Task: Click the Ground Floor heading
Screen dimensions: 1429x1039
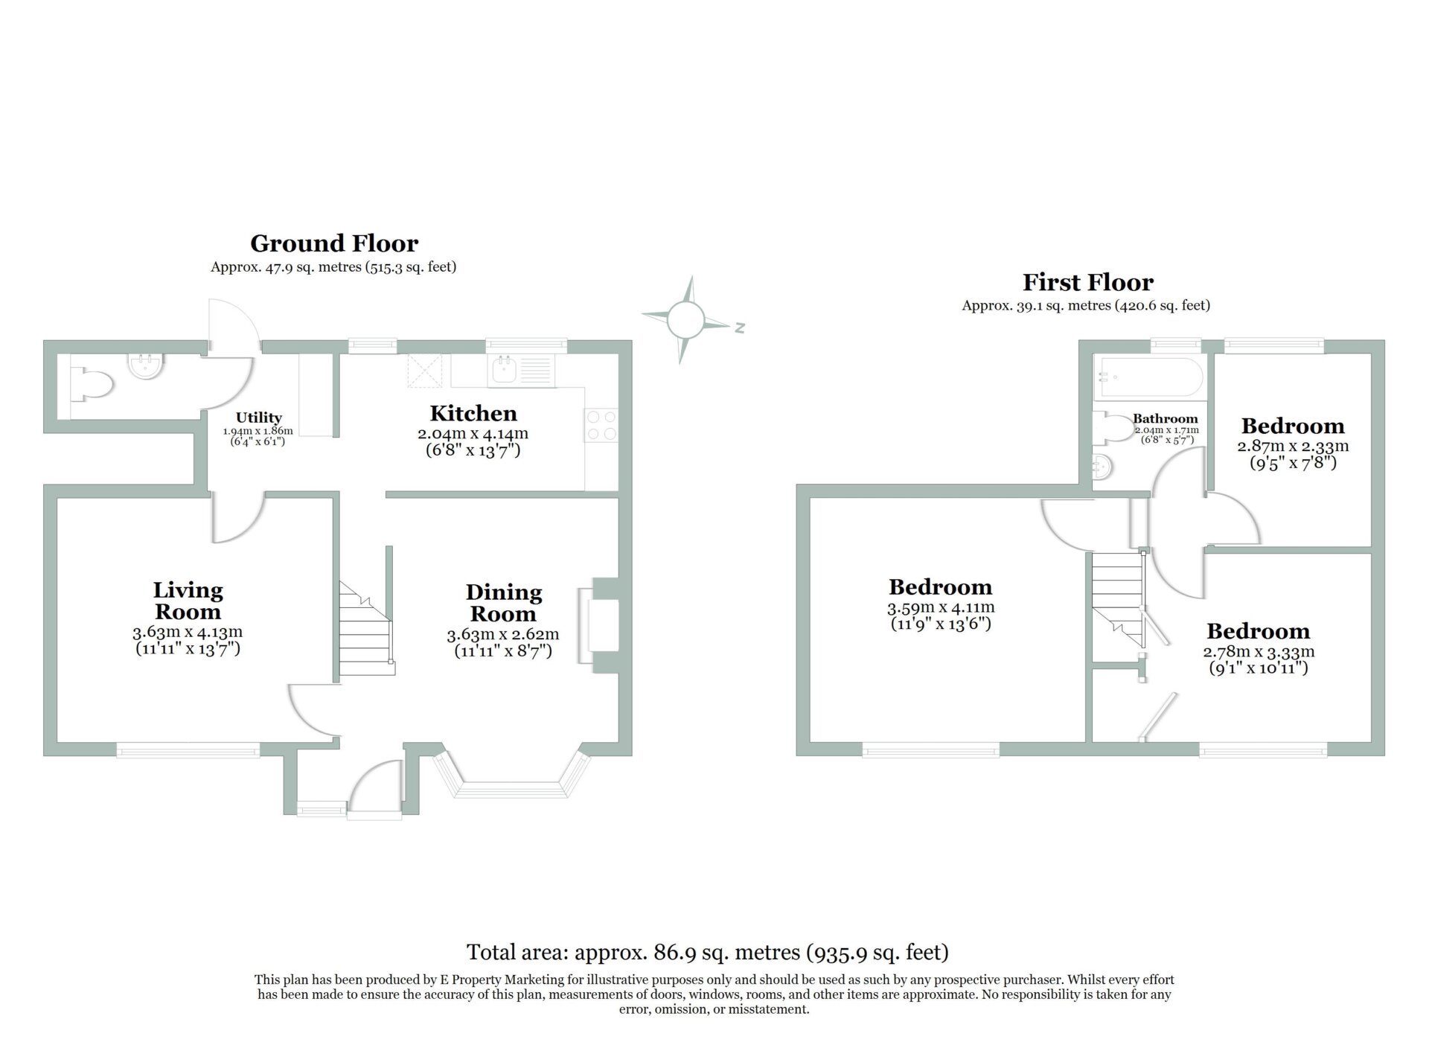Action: tap(334, 243)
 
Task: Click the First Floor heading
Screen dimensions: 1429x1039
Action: tap(1087, 282)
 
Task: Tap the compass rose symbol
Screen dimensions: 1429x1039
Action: tap(685, 320)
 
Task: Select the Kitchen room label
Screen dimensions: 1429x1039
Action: tap(473, 414)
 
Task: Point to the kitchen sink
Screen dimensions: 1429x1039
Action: tap(521, 370)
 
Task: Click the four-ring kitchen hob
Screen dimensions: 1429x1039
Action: tap(601, 425)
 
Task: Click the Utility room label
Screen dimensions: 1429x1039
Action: tap(259, 418)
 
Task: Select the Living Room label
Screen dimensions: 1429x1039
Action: tap(188, 601)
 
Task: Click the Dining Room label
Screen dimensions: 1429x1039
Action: tap(504, 604)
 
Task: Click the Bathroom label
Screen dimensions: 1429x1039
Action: tap(1166, 419)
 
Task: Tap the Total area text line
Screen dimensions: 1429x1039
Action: tap(708, 952)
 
